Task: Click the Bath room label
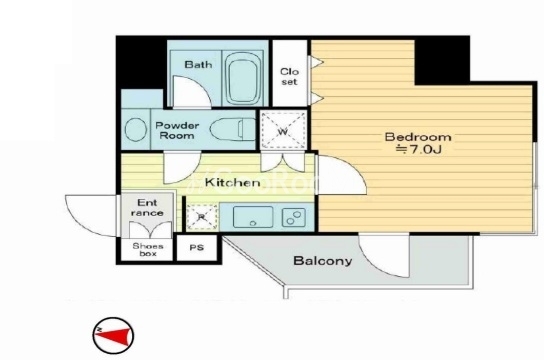198,64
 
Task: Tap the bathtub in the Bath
243,78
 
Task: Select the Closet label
289,77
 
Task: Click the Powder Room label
177,130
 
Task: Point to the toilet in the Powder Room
233,129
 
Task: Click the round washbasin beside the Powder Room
136,129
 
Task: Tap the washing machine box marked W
283,131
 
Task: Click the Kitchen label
232,182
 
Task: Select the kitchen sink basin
253,217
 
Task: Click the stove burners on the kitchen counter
294,217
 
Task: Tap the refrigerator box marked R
202,217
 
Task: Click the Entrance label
147,207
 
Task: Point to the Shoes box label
148,250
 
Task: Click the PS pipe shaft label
197,248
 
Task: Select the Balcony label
323,260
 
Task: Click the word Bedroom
418,137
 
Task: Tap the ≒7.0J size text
419,149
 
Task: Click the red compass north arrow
115,336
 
